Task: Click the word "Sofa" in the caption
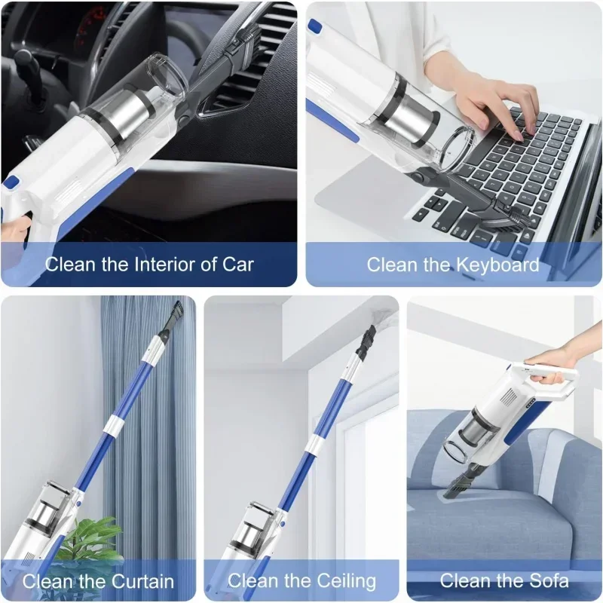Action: click(x=546, y=581)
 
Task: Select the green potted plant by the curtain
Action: click(x=90, y=539)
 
